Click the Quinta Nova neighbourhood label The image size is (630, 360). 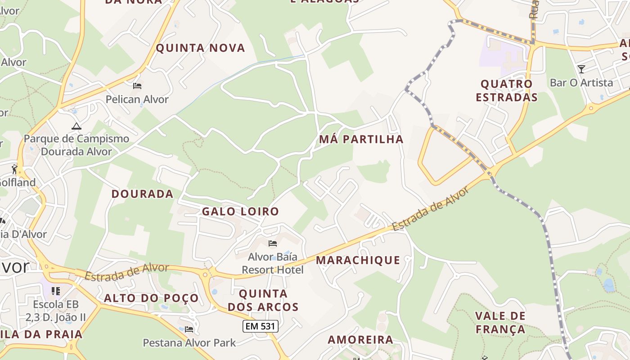tap(200, 48)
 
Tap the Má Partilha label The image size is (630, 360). tap(361, 139)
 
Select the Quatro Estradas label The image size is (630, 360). tap(506, 90)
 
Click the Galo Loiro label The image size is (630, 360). tap(240, 211)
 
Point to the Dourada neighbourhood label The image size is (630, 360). tap(142, 193)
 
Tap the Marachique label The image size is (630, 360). tap(358, 260)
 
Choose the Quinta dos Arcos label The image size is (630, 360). tap(263, 300)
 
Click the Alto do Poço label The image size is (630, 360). tap(151, 298)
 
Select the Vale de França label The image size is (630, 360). tap(500, 322)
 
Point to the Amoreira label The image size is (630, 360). tap(360, 339)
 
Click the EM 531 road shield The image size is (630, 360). tap(260, 326)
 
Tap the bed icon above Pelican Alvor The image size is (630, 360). tap(137, 85)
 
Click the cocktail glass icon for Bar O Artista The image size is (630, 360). tap(581, 69)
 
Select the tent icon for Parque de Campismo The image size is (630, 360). tap(76, 126)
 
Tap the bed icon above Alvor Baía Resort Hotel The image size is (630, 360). tap(272, 243)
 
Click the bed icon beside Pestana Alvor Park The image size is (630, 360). tap(189, 329)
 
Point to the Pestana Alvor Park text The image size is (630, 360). tap(189, 342)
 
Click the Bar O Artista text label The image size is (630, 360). tap(581, 82)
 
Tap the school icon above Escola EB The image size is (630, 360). tap(56, 291)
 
